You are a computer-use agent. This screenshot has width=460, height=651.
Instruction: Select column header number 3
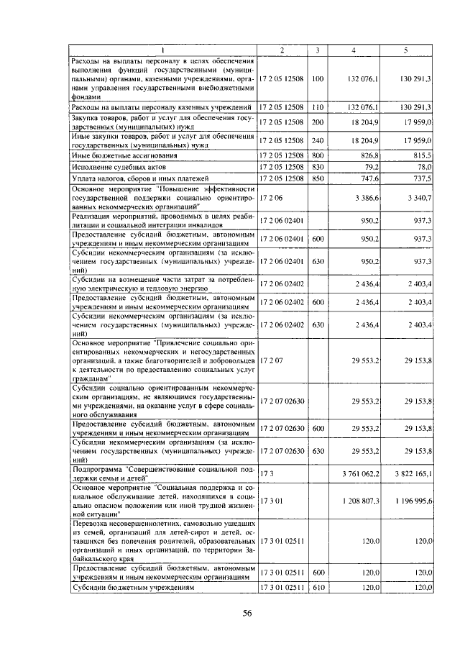(318, 50)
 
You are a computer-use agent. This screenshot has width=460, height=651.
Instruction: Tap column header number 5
(406, 50)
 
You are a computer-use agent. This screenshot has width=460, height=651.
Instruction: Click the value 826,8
(369, 155)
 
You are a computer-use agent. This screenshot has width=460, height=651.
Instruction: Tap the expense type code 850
(318, 178)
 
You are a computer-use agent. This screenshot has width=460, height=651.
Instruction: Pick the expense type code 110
(318, 106)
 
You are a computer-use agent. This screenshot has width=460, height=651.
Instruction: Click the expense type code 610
(318, 588)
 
